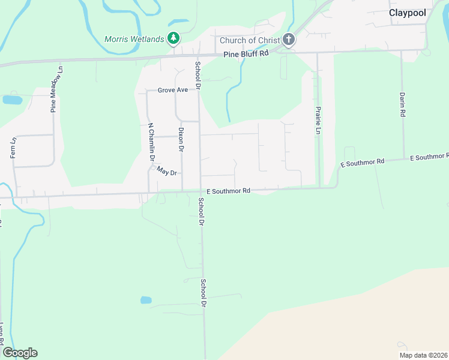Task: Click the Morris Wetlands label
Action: pos(134,39)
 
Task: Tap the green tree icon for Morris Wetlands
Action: pos(173,39)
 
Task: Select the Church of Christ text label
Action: pos(250,40)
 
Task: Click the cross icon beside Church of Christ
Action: pos(289,40)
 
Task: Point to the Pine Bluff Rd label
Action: pos(246,54)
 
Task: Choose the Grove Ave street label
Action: pos(173,90)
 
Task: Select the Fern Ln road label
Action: pos(13,148)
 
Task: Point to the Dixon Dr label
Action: pos(181,139)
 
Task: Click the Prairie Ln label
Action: pos(318,120)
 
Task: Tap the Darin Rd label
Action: pos(403,104)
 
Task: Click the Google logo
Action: pos(20,353)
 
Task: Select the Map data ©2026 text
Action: pos(423,355)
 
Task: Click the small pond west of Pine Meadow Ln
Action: pos(12,100)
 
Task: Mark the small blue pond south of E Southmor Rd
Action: pos(146,299)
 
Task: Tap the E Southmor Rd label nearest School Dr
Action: pos(228,191)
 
